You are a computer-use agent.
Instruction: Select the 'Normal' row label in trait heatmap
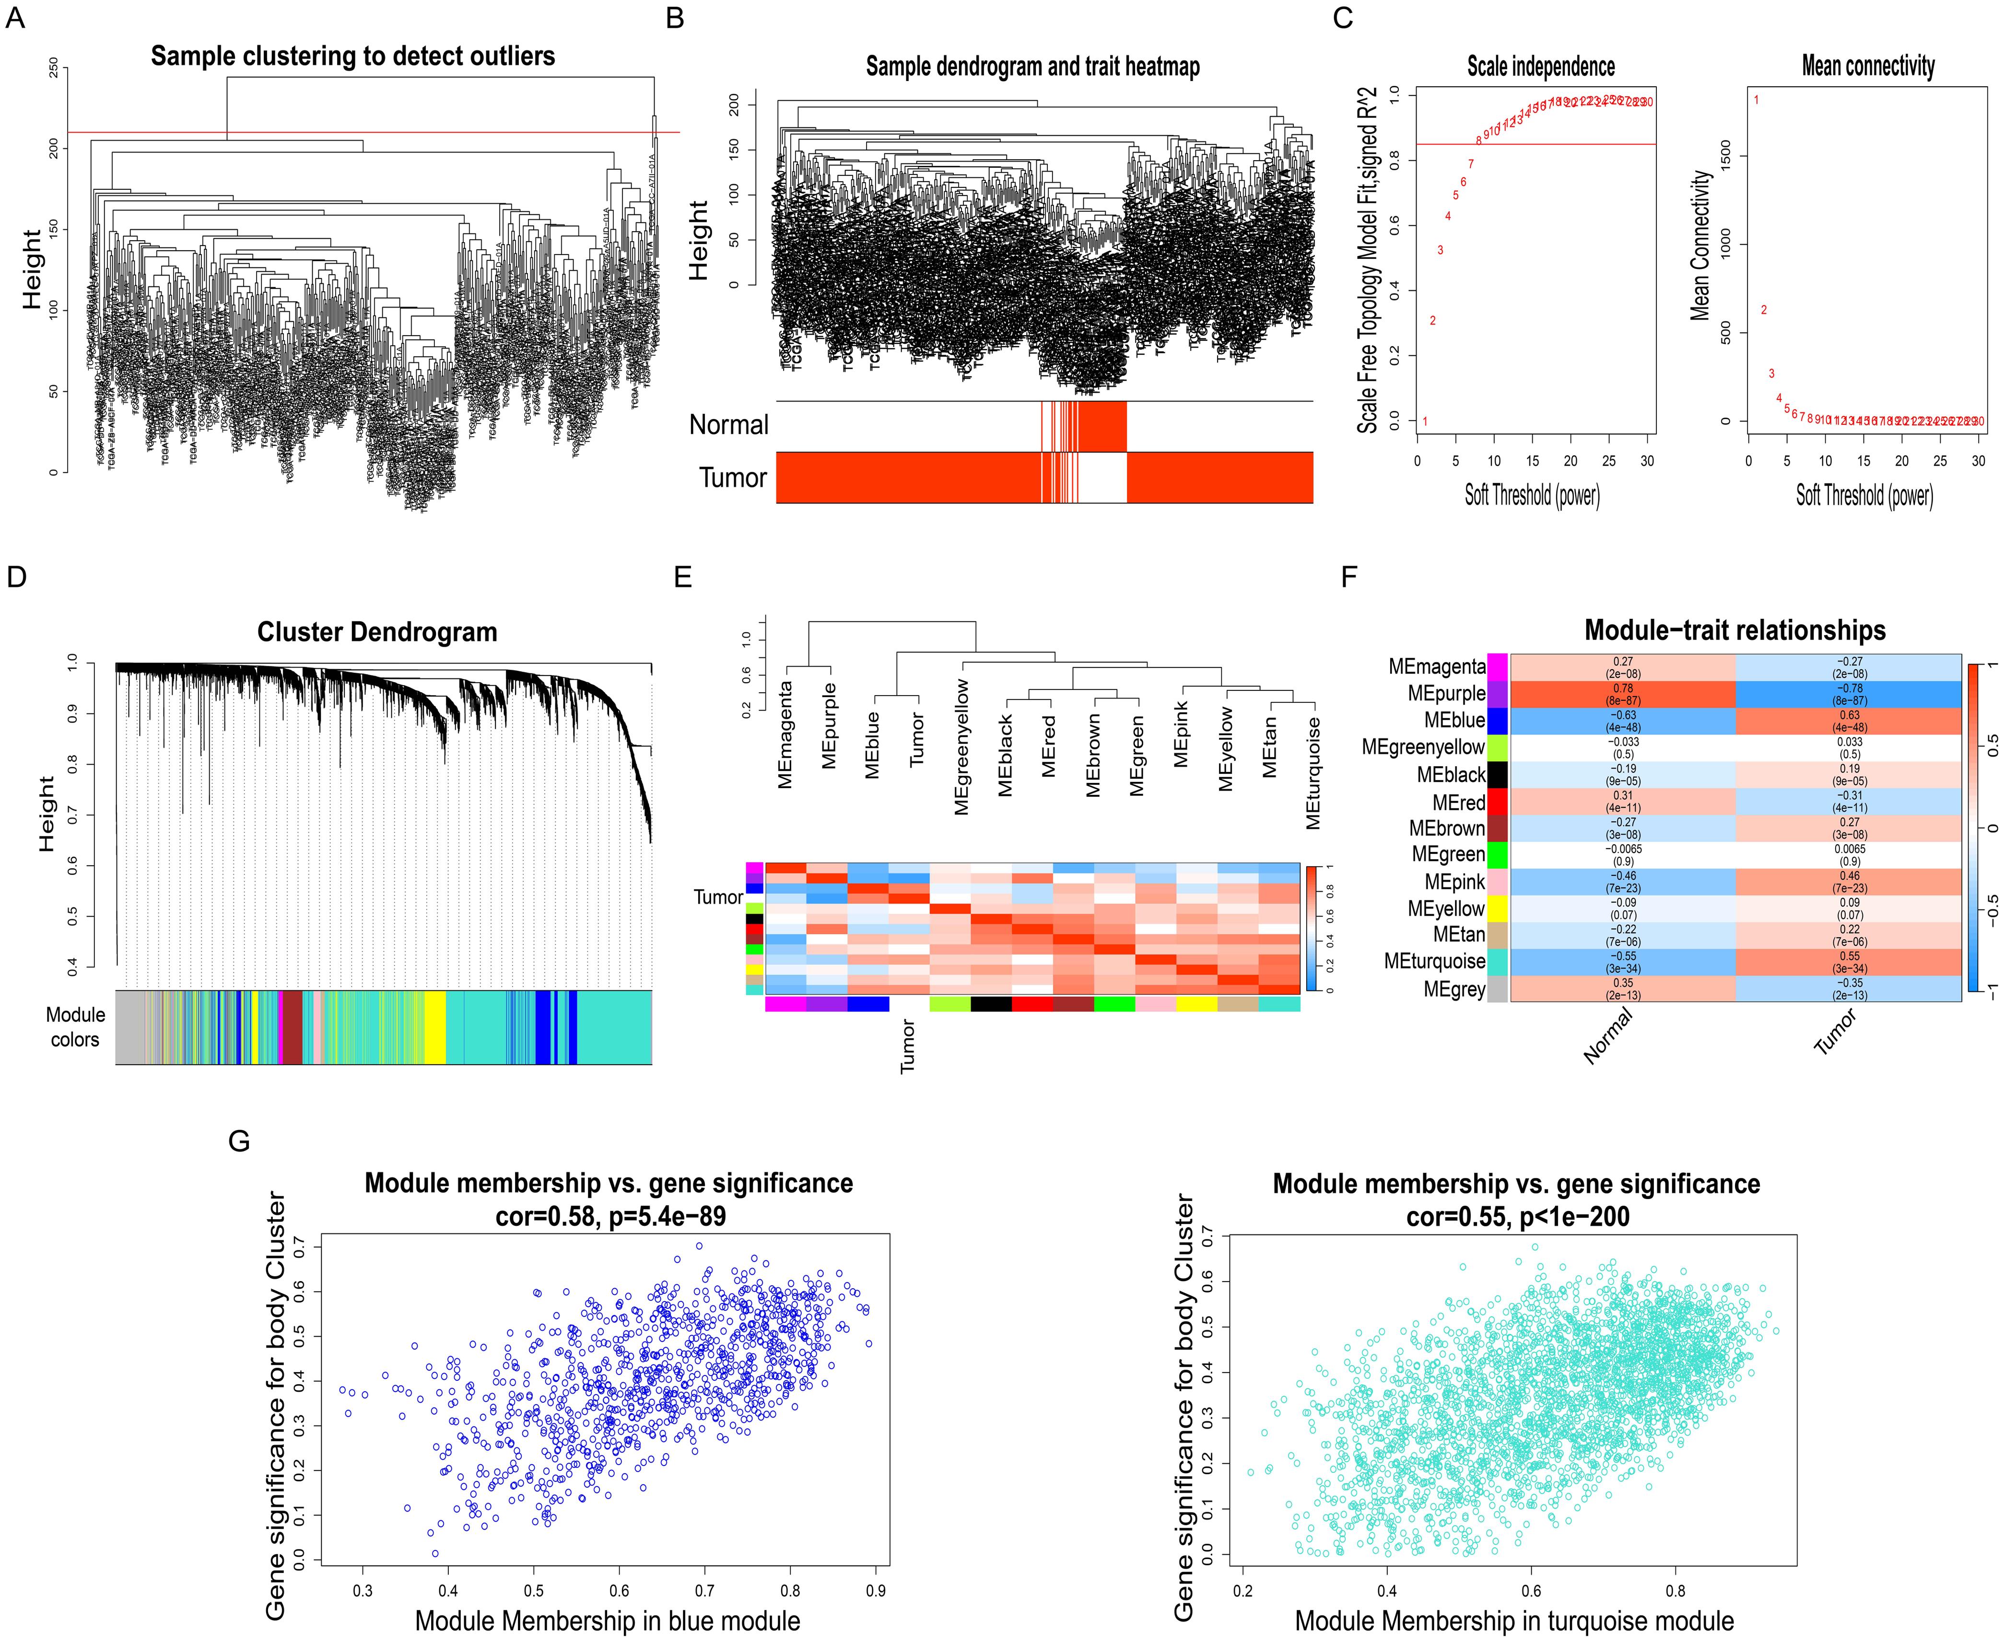click(x=728, y=426)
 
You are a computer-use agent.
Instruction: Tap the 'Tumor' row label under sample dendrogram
click(x=732, y=477)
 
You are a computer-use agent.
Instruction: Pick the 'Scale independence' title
click(x=1540, y=66)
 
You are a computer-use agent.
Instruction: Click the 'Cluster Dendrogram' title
click(x=376, y=632)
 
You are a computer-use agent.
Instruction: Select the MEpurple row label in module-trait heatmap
click(x=1446, y=693)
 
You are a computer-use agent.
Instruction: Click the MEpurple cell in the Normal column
click(x=1623, y=694)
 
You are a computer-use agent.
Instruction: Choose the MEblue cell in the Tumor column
click(x=1849, y=721)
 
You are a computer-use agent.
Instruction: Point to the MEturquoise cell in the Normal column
click(x=1623, y=962)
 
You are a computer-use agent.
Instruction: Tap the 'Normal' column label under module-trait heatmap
click(x=1608, y=1036)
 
